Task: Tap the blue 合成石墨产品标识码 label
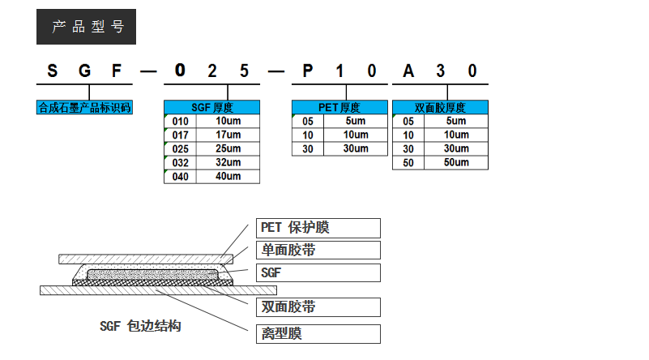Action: [84, 107]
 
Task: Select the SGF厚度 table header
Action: [212, 107]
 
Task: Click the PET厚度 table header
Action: [339, 107]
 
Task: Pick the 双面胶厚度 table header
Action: [440, 107]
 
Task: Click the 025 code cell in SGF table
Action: [180, 148]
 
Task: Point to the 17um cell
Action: [228, 135]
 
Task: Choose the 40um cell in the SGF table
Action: [228, 176]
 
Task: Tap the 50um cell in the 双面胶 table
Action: [456, 162]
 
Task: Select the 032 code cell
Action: [180, 162]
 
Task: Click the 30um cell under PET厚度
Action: [356, 148]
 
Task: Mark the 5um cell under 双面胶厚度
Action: [456, 121]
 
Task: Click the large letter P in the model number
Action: [308, 71]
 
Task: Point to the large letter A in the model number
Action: [408, 71]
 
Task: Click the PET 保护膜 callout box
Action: [318, 228]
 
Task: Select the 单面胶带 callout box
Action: [318, 250]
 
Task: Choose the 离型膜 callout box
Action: [318, 333]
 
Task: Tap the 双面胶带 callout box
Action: [318, 307]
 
